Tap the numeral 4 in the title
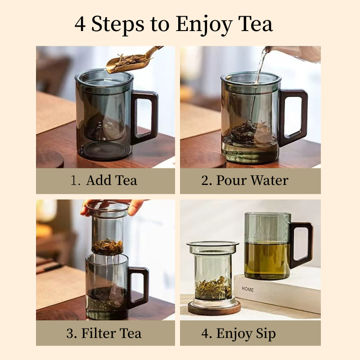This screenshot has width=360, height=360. coord(80,24)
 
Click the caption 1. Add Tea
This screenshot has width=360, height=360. coord(104,180)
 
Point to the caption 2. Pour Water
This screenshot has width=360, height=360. coord(245,180)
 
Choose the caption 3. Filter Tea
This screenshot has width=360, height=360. coord(104,333)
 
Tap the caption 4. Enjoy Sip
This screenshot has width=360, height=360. coord(238,333)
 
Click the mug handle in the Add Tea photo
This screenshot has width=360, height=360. coord(145,115)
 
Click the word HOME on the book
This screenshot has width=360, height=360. coord(248,289)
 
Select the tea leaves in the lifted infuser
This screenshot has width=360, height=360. coord(108,246)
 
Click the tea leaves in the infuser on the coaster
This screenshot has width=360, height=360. coord(213,287)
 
